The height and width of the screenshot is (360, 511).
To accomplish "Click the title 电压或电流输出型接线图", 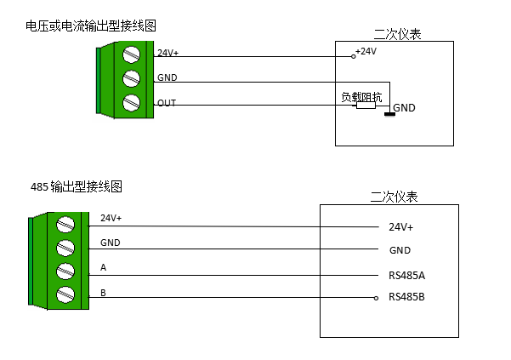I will (92, 27).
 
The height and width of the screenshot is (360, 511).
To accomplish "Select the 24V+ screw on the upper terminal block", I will (131, 54).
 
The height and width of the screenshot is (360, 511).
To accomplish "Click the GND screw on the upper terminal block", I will (131, 79).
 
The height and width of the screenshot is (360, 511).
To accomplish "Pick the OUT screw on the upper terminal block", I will (131, 103).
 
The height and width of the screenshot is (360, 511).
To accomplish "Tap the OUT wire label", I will (167, 103).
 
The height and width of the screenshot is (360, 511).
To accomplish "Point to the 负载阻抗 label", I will (361, 97).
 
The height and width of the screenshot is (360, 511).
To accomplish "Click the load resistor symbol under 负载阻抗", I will (366, 108).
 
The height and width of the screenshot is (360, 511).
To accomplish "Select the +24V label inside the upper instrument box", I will (366, 51).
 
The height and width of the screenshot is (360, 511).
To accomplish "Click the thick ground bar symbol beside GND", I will (389, 114).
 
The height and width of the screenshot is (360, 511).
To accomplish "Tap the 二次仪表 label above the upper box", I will (397, 34).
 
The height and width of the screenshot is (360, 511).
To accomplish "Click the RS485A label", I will (406, 275).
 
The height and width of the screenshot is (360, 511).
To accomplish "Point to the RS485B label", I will (406, 297).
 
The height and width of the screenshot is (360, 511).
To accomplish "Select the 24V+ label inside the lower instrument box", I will (400, 227).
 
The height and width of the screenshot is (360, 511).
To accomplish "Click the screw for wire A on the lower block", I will (65, 271).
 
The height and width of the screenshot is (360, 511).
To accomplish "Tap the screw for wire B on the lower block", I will (65, 295).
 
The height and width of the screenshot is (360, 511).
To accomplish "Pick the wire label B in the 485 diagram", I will (103, 293).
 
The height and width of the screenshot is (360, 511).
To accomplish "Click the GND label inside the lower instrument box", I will (400, 250).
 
